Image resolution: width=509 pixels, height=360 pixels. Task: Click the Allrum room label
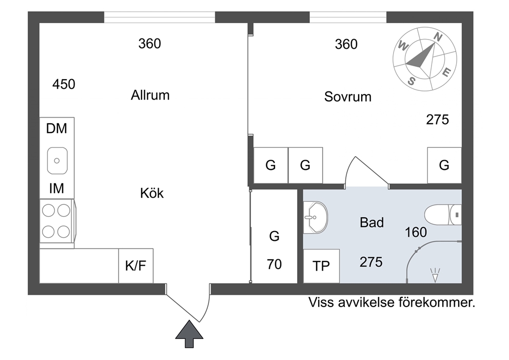tap(150, 95)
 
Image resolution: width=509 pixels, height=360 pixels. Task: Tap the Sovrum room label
tap(348, 97)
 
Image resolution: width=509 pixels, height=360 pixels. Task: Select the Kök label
tap(152, 193)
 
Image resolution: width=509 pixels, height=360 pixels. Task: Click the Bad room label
tap(371, 222)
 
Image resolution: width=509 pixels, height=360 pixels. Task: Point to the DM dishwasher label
tap(56, 129)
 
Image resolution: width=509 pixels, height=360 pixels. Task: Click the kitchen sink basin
tap(57, 161)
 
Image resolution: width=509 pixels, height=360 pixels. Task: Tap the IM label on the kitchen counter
tap(56, 188)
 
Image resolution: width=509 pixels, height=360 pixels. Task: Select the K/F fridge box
tap(135, 266)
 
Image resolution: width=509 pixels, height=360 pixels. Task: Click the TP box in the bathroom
tap(321, 266)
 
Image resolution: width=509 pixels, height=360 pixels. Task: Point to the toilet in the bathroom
tap(443, 215)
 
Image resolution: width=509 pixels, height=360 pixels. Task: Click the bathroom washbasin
tap(316, 217)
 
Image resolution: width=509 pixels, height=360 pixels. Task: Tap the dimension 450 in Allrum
tap(64, 84)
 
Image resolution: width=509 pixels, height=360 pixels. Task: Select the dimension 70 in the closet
tap(275, 264)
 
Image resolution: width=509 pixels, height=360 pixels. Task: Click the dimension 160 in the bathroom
tap(416, 232)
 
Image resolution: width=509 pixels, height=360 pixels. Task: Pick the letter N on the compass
tap(438, 37)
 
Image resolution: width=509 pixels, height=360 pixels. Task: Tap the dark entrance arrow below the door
tap(189, 334)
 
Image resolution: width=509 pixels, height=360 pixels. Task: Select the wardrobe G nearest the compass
tap(444, 165)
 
